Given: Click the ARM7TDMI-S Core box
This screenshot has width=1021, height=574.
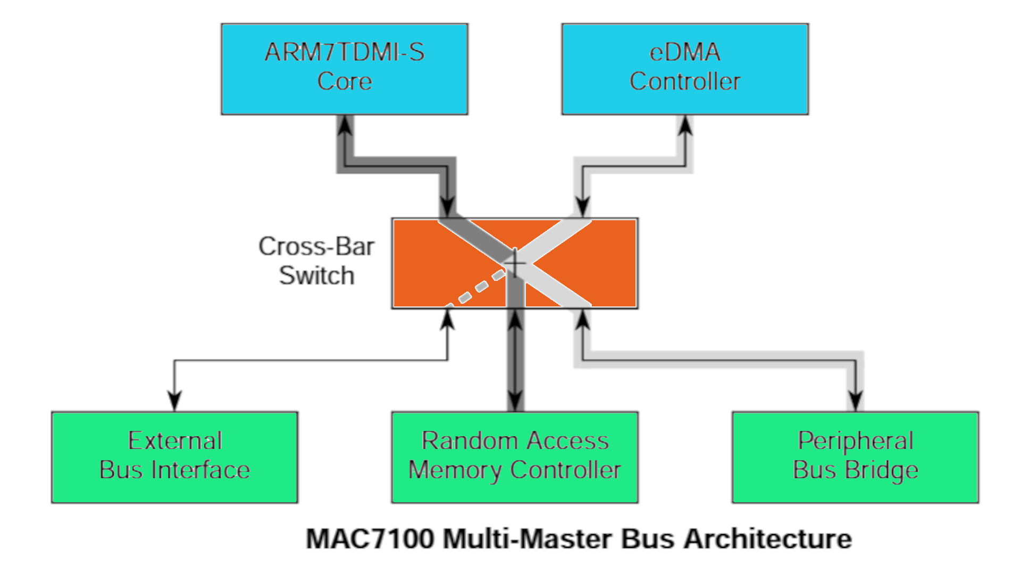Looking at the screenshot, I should [x=345, y=69].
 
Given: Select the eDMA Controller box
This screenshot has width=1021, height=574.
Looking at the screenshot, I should [x=685, y=69].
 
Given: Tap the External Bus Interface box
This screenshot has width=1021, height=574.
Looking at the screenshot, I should [x=174, y=457].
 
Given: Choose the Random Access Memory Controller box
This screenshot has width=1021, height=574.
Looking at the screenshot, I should [x=515, y=457].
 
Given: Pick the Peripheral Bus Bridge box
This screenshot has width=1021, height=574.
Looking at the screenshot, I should [x=855, y=457].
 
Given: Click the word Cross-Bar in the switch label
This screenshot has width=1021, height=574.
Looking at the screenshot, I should [x=316, y=247].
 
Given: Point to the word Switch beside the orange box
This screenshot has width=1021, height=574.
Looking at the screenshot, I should [x=316, y=276].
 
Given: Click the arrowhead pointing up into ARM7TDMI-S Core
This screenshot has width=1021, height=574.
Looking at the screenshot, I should [x=346, y=125].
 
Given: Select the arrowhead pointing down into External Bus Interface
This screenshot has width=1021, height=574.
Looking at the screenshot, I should [x=174, y=400].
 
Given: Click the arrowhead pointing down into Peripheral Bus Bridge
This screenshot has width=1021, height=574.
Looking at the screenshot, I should [x=855, y=400].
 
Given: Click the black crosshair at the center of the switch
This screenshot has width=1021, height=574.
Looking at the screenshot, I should [x=515, y=262].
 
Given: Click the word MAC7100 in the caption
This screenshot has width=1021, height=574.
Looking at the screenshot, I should [x=370, y=539].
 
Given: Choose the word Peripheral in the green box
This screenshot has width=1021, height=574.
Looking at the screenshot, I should [x=855, y=441].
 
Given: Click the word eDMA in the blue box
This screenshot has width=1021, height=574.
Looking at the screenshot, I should [x=685, y=53].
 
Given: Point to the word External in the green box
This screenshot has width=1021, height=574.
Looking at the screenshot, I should [x=175, y=441].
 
